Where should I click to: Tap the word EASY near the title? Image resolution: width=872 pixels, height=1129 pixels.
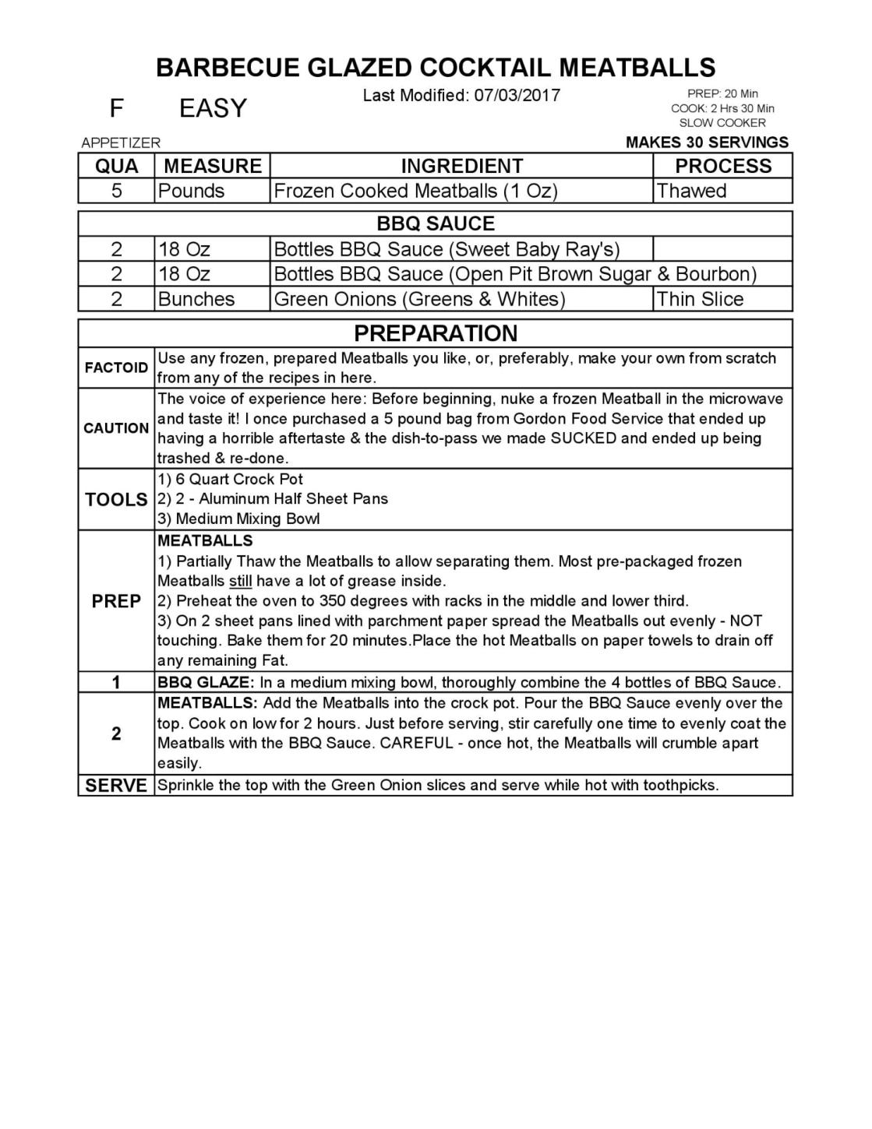pyautogui.click(x=213, y=108)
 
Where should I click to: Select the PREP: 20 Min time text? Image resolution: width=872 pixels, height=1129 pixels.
pyautogui.click(x=722, y=94)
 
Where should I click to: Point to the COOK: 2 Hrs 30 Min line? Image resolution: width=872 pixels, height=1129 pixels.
pyautogui.click(x=722, y=108)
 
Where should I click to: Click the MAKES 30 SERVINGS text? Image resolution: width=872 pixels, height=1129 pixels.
pyautogui.click(x=707, y=142)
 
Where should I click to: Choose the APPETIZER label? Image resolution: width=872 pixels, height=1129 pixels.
pyautogui.click(x=121, y=142)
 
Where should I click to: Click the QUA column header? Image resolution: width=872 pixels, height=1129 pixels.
pyautogui.click(x=117, y=166)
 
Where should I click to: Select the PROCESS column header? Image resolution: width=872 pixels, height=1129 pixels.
pyautogui.click(x=722, y=166)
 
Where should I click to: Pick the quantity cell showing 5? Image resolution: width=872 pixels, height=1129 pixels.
pyautogui.click(x=117, y=191)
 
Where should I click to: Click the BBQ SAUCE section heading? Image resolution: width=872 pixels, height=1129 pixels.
pyautogui.click(x=436, y=223)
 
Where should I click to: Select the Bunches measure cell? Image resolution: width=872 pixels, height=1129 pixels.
pyautogui.click(x=196, y=299)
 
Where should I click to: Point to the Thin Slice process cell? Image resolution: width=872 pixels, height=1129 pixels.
pyautogui.click(x=700, y=299)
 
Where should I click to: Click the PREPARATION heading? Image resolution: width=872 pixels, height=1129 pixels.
pyautogui.click(x=436, y=333)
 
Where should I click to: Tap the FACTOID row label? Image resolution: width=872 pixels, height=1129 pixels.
pyautogui.click(x=116, y=368)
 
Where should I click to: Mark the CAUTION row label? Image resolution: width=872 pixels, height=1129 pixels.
pyautogui.click(x=116, y=428)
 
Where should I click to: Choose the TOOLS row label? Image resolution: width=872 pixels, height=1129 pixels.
pyautogui.click(x=116, y=499)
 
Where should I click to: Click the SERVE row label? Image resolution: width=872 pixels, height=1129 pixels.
pyautogui.click(x=116, y=785)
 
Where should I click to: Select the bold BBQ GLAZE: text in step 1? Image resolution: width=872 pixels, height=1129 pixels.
pyautogui.click(x=206, y=683)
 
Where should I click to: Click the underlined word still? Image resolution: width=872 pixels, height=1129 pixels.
pyautogui.click(x=240, y=581)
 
